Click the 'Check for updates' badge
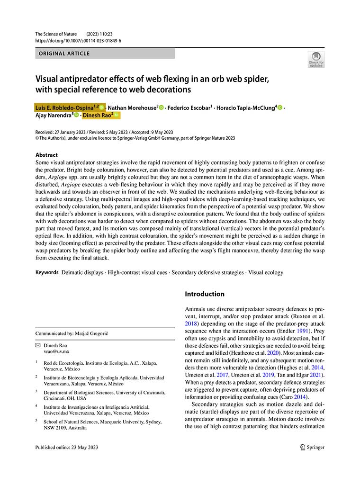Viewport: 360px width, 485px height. [x=316, y=60]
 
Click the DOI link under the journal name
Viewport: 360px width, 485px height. [x=78, y=41]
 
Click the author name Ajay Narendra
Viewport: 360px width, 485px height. [x=54, y=115]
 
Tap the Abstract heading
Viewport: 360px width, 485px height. [x=46, y=155]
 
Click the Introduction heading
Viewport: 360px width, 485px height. [x=205, y=294]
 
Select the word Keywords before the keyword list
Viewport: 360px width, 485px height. [x=47, y=272]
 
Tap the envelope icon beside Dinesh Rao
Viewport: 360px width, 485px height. [x=38, y=346]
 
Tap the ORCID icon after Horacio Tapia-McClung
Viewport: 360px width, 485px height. [x=280, y=108]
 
